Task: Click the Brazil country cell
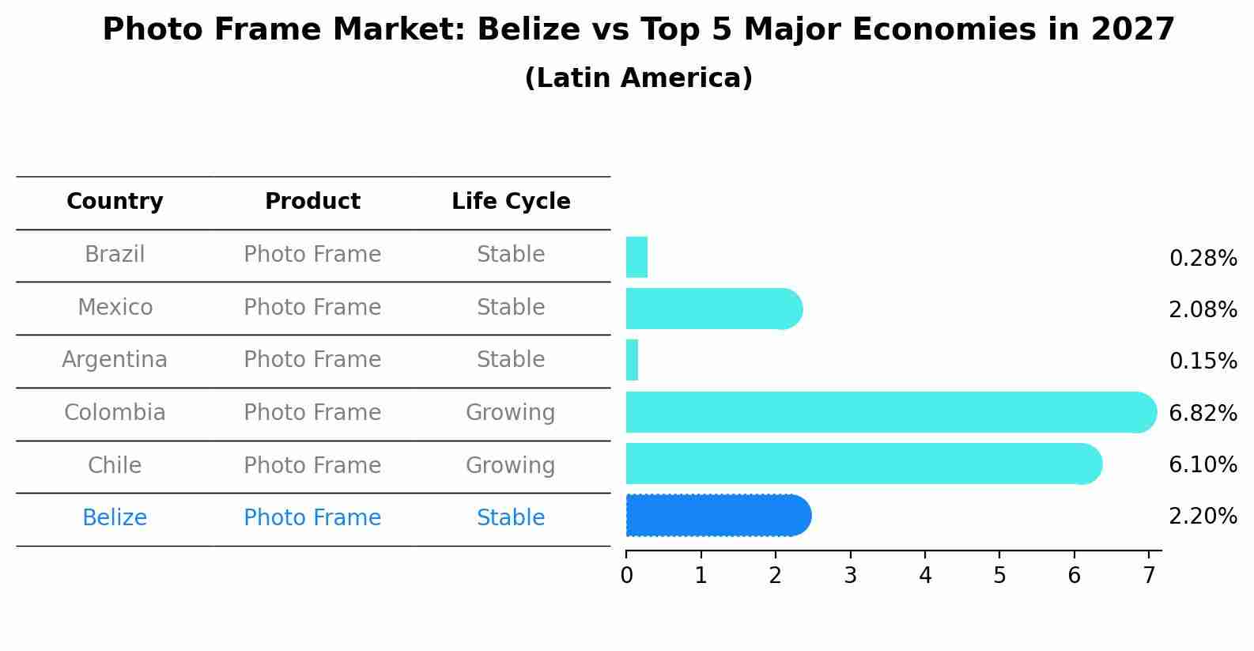tap(115, 255)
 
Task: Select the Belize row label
tap(115, 518)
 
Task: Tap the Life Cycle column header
tap(511, 202)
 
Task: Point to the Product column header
tap(312, 202)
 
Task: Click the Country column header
tap(115, 202)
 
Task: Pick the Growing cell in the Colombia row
tap(511, 413)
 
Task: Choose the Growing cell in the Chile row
tap(511, 465)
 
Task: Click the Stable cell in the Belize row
tap(511, 518)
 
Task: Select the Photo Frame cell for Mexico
tap(312, 307)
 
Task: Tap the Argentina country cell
tap(115, 360)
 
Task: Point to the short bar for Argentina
tap(633, 360)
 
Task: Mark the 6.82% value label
tap(1203, 413)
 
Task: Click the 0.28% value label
tap(1203, 259)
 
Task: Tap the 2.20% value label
tap(1203, 517)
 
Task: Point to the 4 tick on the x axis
tap(925, 576)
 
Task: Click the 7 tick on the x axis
tap(1149, 576)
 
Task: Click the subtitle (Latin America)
tap(638, 78)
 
